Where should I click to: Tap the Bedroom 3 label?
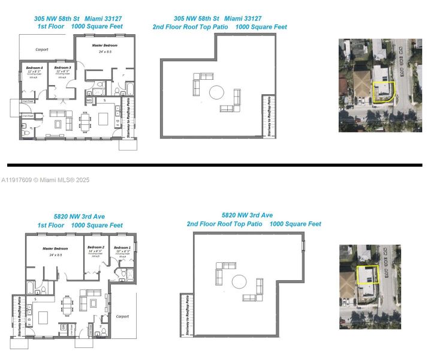coord(62,68)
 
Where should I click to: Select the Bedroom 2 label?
coord(96,247)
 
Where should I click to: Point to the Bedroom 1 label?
coord(123,247)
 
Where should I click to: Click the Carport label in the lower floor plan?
coord(122,316)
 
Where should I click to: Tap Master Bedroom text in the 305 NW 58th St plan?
coord(104,46)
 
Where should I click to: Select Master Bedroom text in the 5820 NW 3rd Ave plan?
coord(55,248)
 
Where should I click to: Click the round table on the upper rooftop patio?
coord(216,92)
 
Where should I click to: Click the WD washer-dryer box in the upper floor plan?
coord(89,101)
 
